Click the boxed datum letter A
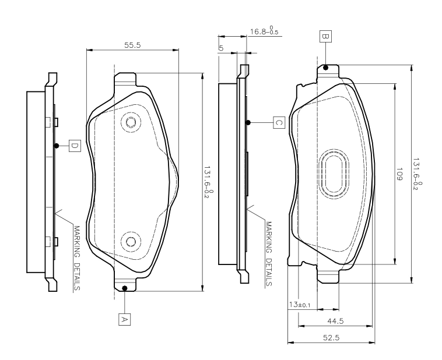(x=124, y=319)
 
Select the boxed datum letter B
(x=325, y=36)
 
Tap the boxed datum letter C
(x=279, y=122)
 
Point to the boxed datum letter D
(x=75, y=146)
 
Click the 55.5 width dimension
(x=132, y=45)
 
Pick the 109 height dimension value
(x=399, y=174)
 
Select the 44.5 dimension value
(x=335, y=321)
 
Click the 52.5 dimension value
(x=331, y=337)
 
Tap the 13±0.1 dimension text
(x=300, y=305)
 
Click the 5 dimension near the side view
(x=221, y=48)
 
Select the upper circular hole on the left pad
(x=131, y=122)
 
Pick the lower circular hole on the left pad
(x=131, y=242)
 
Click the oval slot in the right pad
(x=334, y=174)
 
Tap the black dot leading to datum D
(x=57, y=146)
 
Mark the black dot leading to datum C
(x=248, y=122)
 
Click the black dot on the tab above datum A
(x=124, y=288)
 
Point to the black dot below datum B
(x=325, y=68)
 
